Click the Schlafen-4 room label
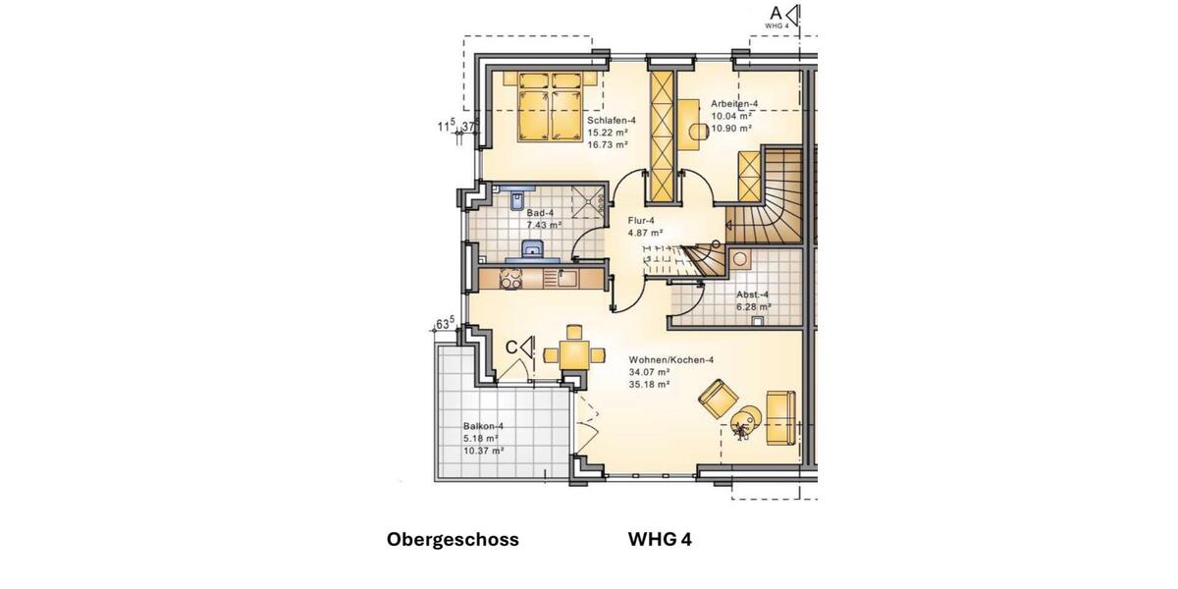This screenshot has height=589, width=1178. click(605, 120)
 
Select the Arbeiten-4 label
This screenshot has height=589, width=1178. click(734, 104)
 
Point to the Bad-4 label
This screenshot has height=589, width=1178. click(540, 213)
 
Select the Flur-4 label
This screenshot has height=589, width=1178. click(641, 221)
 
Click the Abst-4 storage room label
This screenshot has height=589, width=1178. click(753, 294)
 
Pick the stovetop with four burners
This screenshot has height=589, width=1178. click(513, 279)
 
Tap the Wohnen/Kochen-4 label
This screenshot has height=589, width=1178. click(670, 360)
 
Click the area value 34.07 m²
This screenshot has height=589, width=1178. click(649, 373)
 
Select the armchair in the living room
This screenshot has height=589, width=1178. click(719, 398)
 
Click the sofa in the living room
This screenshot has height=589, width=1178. click(780, 414)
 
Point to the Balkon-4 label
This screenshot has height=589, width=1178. click(483, 426)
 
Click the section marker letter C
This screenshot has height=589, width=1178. click(511, 347)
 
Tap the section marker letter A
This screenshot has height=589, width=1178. click(776, 13)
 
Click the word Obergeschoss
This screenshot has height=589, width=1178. click(453, 539)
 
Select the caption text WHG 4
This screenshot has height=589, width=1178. click(660, 539)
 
